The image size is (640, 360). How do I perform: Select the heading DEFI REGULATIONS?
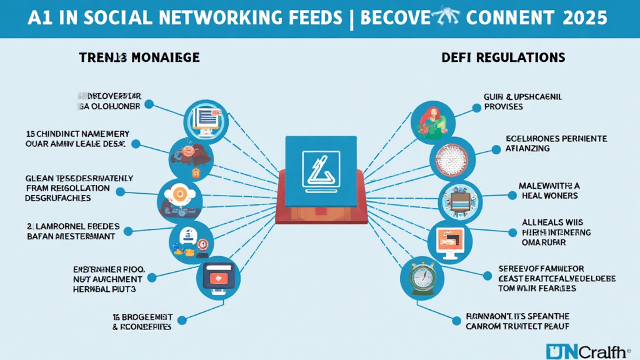[503, 57]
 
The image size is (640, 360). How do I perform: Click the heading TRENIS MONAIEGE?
[139, 57]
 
